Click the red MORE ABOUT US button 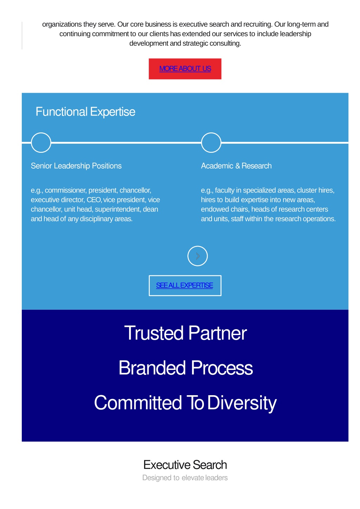click(x=185, y=69)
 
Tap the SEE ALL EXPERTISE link click(x=185, y=285)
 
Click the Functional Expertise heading click(x=85, y=112)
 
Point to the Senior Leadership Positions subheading click(x=76, y=166)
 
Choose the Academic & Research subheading click(x=236, y=166)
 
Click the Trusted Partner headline click(x=185, y=333)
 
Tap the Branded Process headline click(x=186, y=368)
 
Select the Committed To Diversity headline click(x=185, y=403)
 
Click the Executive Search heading click(x=185, y=465)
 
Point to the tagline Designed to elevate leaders click(x=185, y=478)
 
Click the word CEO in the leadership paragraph click(x=94, y=200)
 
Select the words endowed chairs click(x=225, y=209)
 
